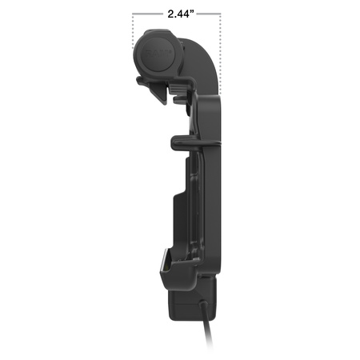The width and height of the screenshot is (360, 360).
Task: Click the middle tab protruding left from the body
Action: tap(182, 142)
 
